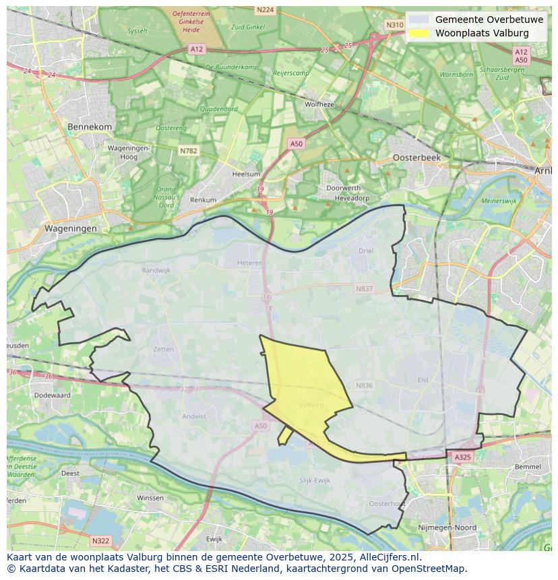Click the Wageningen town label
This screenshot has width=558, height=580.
point(71,228)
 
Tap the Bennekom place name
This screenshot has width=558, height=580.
point(90,127)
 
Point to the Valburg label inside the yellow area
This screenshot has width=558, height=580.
point(311,405)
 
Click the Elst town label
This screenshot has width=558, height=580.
point(423,380)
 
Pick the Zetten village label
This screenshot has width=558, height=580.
point(164,349)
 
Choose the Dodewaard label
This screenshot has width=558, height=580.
point(52,395)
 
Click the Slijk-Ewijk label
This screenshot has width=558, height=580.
point(315,480)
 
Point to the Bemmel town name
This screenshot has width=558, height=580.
point(527,466)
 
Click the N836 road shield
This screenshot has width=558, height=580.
point(364,385)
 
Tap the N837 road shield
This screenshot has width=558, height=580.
point(364,288)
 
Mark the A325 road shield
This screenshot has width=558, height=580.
point(462,457)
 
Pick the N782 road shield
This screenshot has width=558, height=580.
point(189,151)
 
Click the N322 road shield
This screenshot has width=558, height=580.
point(100,541)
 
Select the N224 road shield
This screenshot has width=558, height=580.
point(266,9)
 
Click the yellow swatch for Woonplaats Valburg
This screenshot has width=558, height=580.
point(418,33)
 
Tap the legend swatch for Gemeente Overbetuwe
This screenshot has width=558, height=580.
point(418,20)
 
